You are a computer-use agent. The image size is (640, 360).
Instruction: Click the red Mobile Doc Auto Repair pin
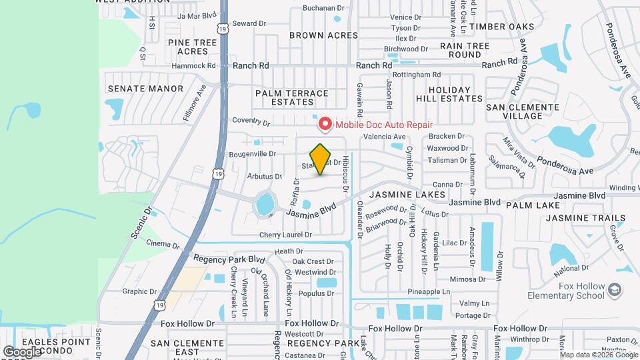325,123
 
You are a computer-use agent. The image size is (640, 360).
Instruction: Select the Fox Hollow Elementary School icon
615,290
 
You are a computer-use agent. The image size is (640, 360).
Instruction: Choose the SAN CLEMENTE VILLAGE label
523,111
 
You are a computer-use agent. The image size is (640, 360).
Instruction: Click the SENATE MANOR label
145,88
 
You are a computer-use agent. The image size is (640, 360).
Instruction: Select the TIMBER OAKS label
501,27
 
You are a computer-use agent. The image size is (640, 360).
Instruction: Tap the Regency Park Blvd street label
229,259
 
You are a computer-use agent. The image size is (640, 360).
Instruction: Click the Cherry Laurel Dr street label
285,235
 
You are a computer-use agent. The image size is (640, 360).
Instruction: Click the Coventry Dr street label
251,121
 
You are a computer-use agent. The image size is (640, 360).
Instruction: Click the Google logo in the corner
22,351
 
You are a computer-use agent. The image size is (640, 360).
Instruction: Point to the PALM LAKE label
532,205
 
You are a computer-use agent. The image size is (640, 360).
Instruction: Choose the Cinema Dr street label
163,244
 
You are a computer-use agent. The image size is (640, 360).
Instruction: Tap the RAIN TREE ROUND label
465,50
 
